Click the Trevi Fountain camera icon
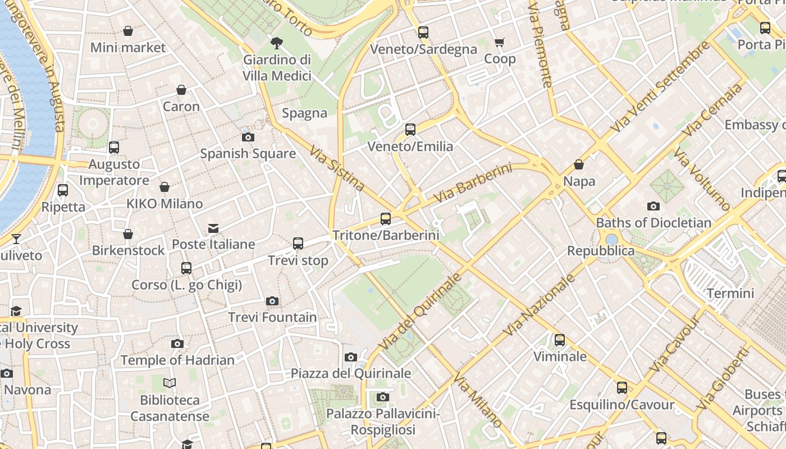272,301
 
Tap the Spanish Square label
248,153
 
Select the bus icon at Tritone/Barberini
385,219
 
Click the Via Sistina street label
337,168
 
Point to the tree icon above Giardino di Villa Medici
276,43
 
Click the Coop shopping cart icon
499,42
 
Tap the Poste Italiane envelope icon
213,228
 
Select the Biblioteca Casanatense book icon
170,383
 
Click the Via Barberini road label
473,183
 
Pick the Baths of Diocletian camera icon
653,207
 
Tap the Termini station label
730,293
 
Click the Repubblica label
600,251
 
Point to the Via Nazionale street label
540,305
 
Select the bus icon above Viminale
559,340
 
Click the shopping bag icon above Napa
579,165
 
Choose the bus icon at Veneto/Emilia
410,130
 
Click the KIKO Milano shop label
164,204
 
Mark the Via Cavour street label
674,343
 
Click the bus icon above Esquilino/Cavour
622,388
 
